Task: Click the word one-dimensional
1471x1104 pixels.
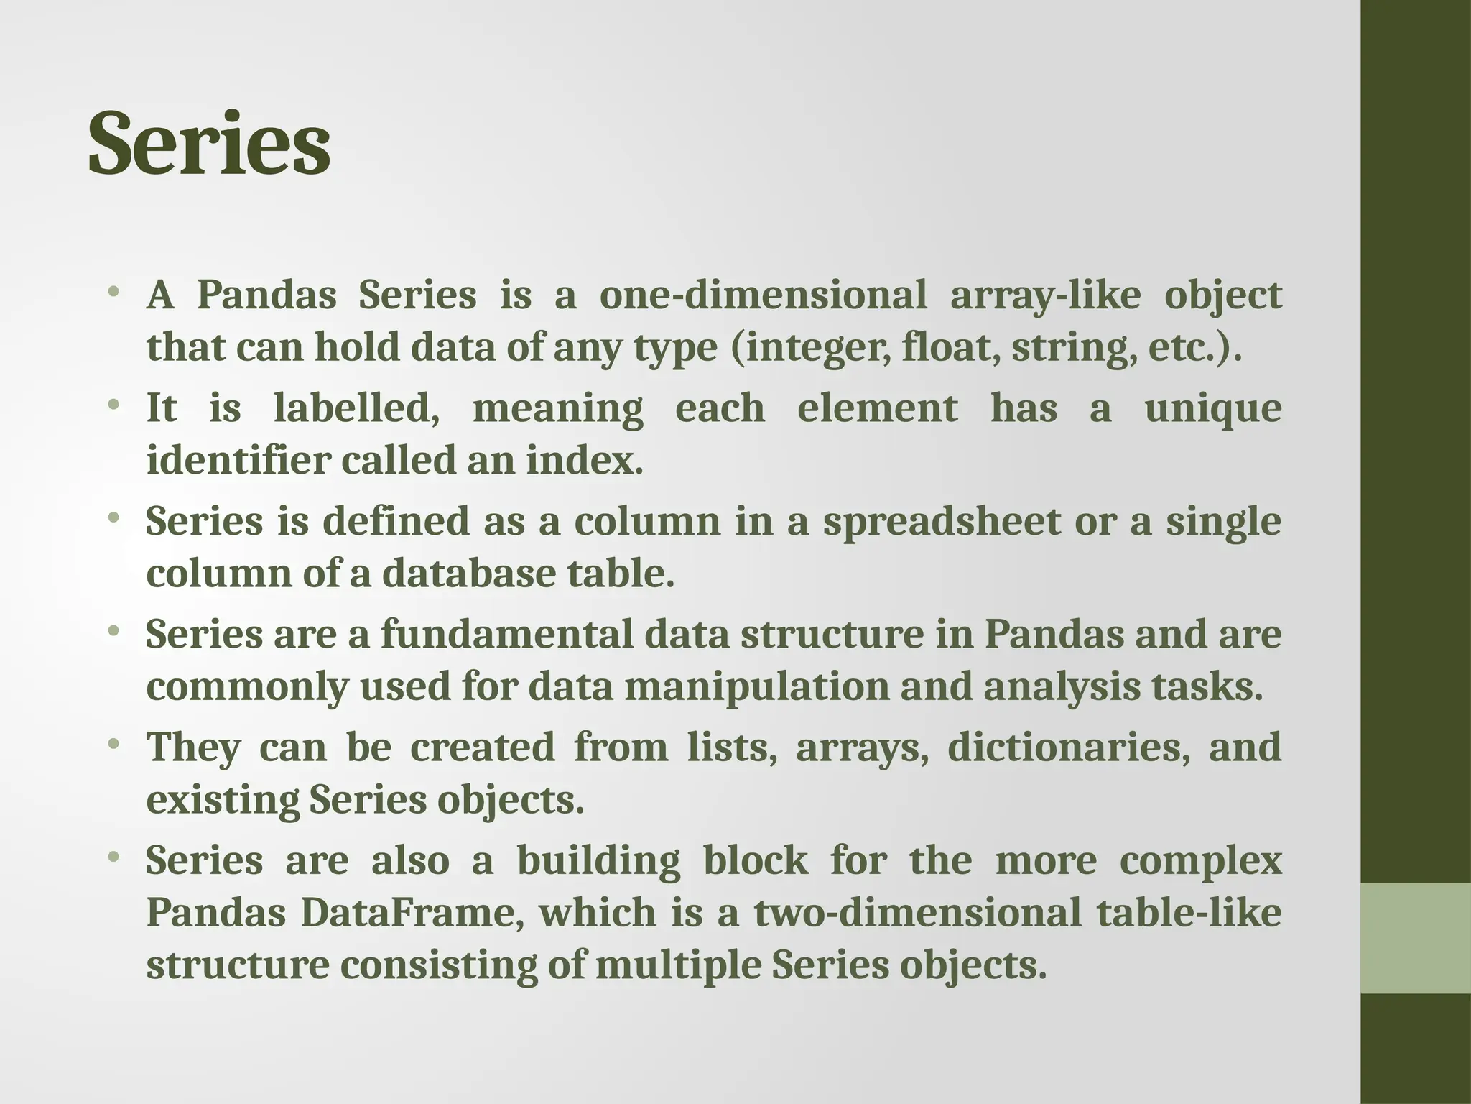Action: pos(763,295)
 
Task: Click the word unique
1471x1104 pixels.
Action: pos(1212,408)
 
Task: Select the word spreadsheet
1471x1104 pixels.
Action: pos(941,521)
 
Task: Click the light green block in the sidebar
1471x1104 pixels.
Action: pos(1415,938)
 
